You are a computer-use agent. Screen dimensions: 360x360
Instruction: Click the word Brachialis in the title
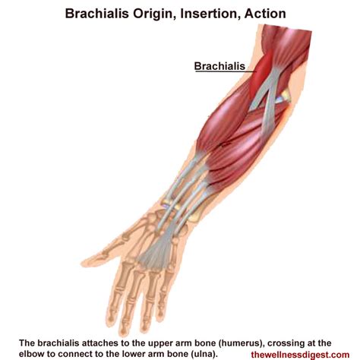97,14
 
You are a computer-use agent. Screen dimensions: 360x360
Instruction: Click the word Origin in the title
155,14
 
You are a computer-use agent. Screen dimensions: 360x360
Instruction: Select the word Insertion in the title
210,14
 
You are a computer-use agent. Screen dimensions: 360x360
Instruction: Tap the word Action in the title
265,14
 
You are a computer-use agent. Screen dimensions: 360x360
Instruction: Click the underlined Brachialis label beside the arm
219,66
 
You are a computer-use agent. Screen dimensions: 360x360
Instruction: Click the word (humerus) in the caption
239,343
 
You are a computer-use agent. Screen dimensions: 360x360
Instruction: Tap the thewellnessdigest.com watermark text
300,355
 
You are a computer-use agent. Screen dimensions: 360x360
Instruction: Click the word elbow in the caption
31,354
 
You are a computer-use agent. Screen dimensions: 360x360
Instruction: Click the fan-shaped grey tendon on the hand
155,253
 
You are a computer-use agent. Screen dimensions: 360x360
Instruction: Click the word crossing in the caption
283,343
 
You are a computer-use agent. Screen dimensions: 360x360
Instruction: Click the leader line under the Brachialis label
226,71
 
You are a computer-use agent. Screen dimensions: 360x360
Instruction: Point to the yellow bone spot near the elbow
286,96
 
